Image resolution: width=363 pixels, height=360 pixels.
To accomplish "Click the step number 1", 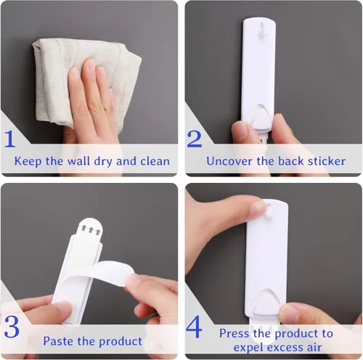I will pyautogui.click(x=10, y=139).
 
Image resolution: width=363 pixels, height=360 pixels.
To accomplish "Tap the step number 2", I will pyautogui.click(x=194, y=138).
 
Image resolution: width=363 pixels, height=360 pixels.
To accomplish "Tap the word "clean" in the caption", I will pyautogui.click(x=152, y=161).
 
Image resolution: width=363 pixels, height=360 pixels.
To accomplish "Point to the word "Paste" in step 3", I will pyautogui.click(x=59, y=340).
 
